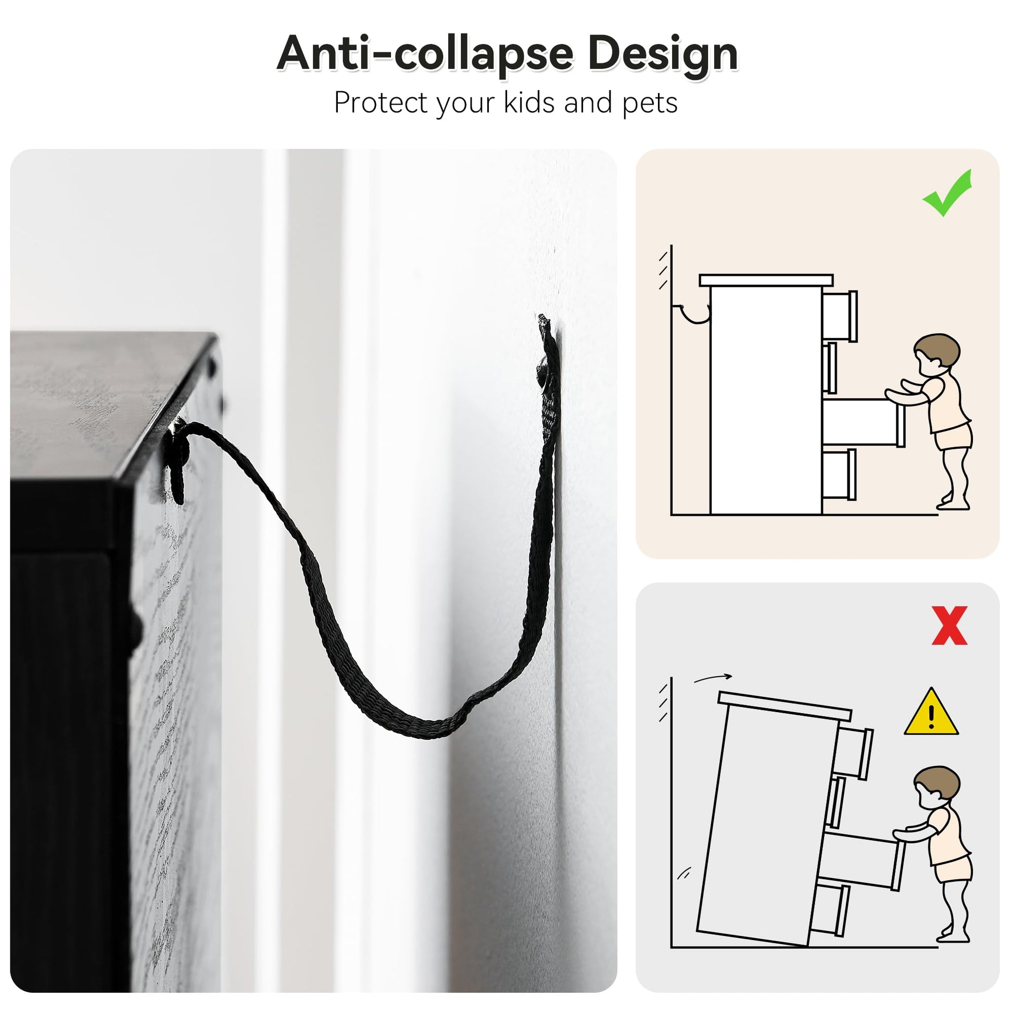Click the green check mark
pos(948,193)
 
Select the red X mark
pos(949,625)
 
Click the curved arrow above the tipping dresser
pos(712,678)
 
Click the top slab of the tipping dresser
pos(784,706)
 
